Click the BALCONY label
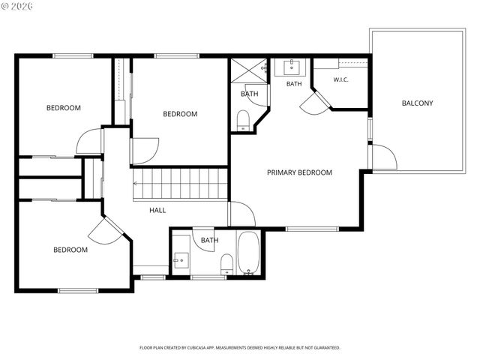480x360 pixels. tap(417, 103)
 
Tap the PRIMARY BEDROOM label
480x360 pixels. tap(299, 172)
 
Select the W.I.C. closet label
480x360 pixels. tap(340, 80)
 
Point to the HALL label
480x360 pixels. tap(157, 210)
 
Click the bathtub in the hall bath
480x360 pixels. tap(249, 253)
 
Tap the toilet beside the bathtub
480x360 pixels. tap(226, 264)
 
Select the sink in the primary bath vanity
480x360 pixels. tap(292, 67)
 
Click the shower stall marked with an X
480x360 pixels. tap(248, 70)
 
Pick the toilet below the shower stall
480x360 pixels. tap(243, 121)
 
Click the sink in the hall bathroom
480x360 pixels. tap(181, 260)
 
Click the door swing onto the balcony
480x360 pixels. tap(385, 157)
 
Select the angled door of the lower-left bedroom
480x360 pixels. tap(106, 231)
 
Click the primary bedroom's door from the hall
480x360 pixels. tap(242, 214)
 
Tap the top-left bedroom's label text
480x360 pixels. tap(64, 108)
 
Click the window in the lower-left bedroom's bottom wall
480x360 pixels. tap(78, 290)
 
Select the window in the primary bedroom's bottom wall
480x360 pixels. tap(312, 229)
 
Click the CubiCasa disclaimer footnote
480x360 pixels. tap(240, 348)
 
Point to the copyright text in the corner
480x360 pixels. tap(17, 6)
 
